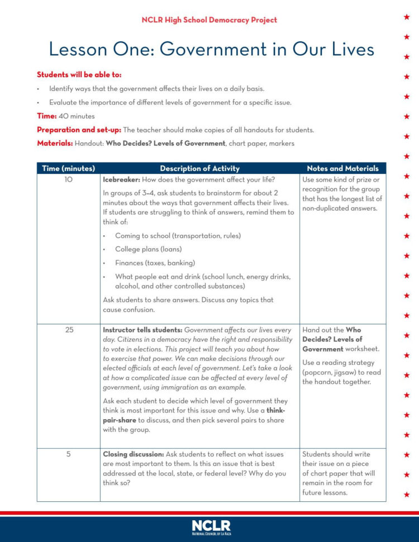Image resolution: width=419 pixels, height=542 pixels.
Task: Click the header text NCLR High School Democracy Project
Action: click(209, 20)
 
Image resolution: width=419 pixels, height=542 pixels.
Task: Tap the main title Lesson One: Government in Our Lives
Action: click(211, 49)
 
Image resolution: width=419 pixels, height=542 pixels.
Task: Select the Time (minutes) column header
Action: click(68, 168)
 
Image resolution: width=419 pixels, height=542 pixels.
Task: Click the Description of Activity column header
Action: click(199, 168)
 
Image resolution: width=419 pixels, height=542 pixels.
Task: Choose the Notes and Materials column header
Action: click(342, 168)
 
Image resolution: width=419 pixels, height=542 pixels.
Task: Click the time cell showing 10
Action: click(68, 180)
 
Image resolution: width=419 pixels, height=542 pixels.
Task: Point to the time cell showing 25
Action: click(69, 330)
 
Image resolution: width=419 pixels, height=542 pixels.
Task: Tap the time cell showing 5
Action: click(68, 454)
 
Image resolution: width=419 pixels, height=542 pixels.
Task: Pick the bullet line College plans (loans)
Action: click(148, 249)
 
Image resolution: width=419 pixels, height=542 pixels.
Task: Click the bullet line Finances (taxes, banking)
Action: click(155, 263)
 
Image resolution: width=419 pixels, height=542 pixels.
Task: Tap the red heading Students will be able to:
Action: click(79, 74)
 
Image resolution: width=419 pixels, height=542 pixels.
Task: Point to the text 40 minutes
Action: click(77, 116)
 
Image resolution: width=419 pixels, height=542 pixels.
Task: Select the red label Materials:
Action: click(54, 143)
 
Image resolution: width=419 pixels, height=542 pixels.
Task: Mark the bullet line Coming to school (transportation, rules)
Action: click(178, 236)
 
